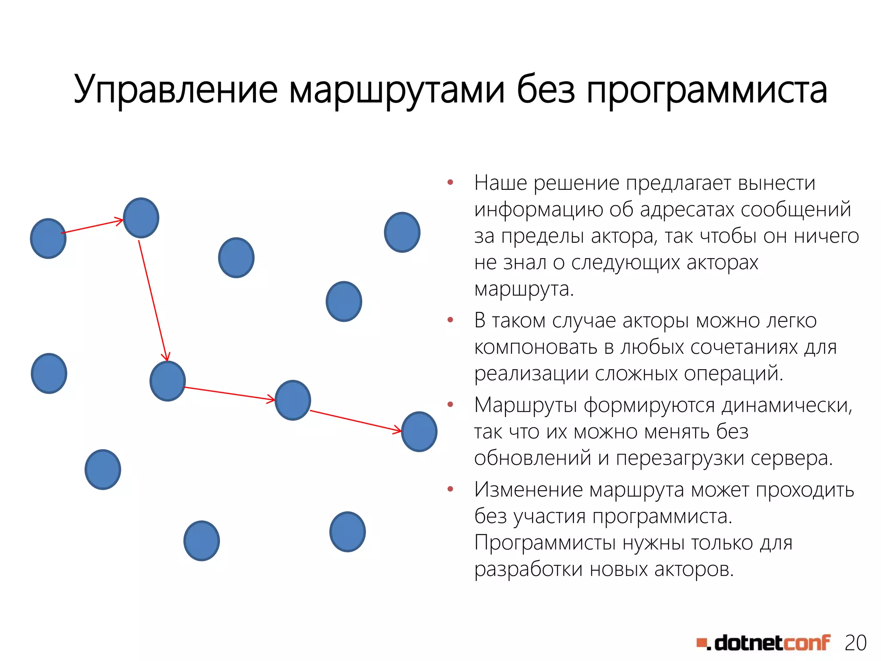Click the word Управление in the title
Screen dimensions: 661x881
click(176, 90)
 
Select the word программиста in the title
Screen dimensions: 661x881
click(706, 90)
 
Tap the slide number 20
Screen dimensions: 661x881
click(855, 643)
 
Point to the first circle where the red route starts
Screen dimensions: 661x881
click(48, 238)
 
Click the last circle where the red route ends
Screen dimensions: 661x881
click(419, 432)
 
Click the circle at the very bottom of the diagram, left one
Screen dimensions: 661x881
click(201, 541)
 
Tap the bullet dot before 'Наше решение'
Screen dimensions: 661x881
click(450, 183)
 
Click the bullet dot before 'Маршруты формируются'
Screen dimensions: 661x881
click(450, 405)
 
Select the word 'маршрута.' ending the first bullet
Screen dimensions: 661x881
click(524, 289)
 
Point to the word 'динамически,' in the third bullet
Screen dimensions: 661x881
click(787, 405)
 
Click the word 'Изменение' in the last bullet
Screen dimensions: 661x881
click(528, 489)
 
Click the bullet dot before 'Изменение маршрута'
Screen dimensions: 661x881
click(450, 489)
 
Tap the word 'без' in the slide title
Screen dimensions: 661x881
click(545, 90)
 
